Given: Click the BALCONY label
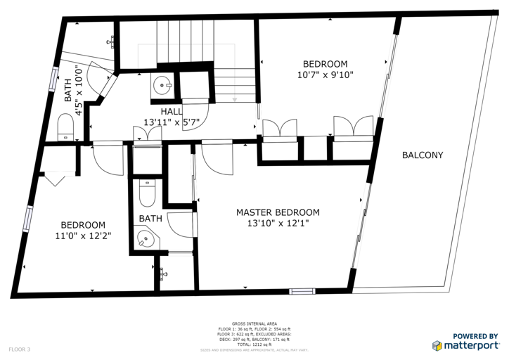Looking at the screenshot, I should tap(423, 155).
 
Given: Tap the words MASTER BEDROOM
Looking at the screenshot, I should tap(278, 212).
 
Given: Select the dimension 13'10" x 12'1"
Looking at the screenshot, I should tap(278, 224).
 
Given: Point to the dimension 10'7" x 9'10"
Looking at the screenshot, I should tap(325, 74).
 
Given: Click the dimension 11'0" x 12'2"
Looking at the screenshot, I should tap(83, 236).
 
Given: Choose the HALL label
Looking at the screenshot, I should tap(172, 111).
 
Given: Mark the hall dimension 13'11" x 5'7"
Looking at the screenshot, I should tap(172, 122).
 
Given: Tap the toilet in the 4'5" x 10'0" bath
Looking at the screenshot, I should tap(65, 128).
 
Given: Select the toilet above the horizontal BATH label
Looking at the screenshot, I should tap(147, 191).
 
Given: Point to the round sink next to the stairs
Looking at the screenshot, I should tap(162, 87).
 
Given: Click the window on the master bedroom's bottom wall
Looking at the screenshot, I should tap(302, 291).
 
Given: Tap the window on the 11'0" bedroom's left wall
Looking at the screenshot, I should tap(27, 218).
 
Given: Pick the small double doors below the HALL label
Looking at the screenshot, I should tap(143, 135).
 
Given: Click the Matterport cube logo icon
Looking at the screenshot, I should tap(437, 345).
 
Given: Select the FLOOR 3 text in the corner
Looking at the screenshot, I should tap(20, 349).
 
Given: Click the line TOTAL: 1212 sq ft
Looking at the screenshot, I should tap(254, 345).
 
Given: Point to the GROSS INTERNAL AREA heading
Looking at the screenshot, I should tap(254, 324).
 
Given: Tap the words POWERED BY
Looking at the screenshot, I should tap(475, 336).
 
